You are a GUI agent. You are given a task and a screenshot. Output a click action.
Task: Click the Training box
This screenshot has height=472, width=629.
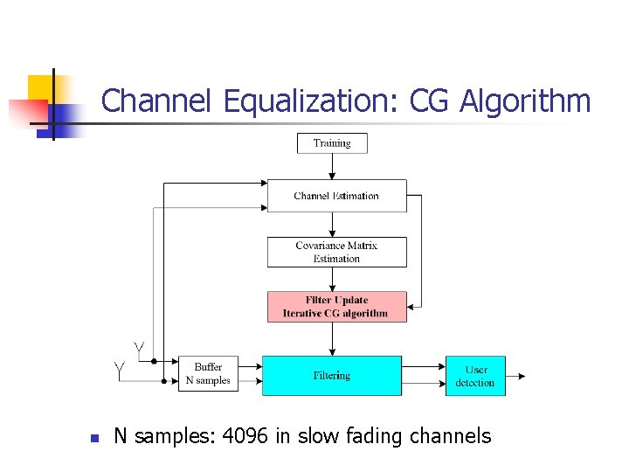pyautogui.click(x=332, y=143)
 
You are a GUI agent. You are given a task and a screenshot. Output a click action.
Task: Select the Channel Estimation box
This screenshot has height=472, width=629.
pyautogui.click(x=336, y=196)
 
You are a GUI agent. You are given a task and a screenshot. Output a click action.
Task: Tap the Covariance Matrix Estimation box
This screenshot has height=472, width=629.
pyautogui.click(x=336, y=252)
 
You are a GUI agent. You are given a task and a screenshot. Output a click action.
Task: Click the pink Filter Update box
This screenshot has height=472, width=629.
pyautogui.click(x=336, y=307)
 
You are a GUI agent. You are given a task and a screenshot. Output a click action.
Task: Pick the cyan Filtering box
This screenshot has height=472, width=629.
pyautogui.click(x=332, y=376)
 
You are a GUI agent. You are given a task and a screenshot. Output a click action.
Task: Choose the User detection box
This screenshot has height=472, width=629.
pyautogui.click(x=475, y=376)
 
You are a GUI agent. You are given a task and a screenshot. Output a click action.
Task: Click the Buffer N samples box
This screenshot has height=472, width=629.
pyautogui.click(x=208, y=374)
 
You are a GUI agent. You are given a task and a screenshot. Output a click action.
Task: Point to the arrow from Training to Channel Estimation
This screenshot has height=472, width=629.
pyautogui.click(x=332, y=167)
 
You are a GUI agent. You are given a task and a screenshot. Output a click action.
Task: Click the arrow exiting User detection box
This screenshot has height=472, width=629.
pyautogui.click(x=516, y=377)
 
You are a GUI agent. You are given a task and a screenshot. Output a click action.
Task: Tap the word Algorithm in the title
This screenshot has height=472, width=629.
pyautogui.click(x=525, y=101)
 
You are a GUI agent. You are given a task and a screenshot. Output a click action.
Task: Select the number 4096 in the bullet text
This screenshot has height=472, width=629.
pyautogui.click(x=246, y=436)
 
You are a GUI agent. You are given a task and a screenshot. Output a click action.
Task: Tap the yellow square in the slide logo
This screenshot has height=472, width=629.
pyautogui.click(x=40, y=88)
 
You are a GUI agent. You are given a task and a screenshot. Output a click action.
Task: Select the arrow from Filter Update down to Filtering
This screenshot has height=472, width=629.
pyautogui.click(x=332, y=338)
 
